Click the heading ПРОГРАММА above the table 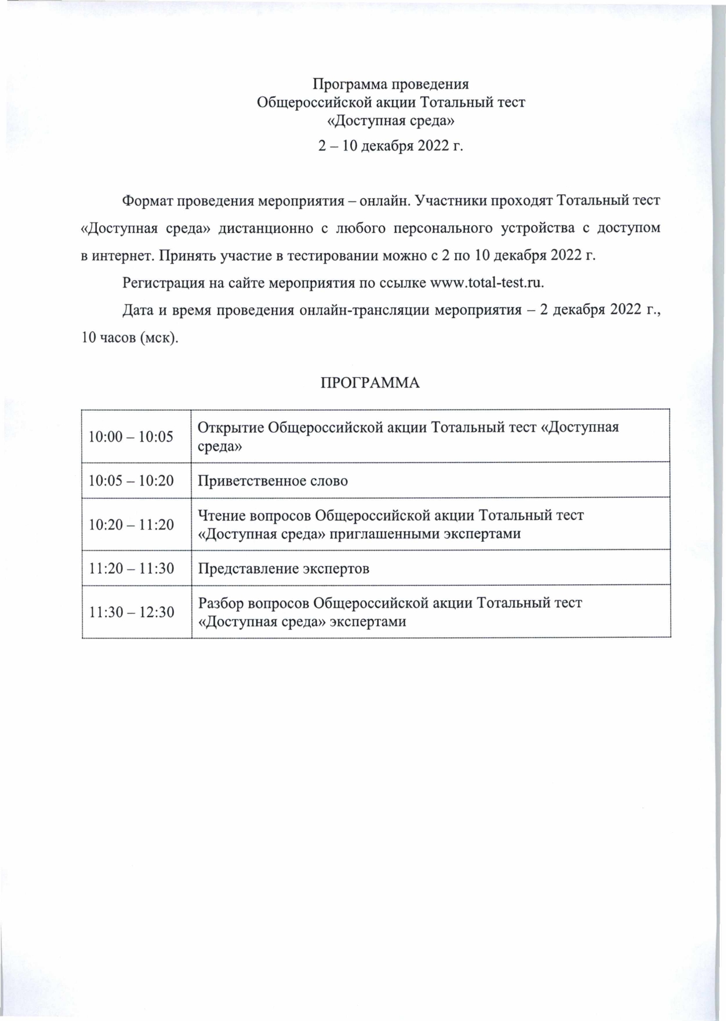click(x=370, y=383)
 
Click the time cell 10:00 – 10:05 click(x=130, y=436)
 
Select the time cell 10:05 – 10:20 click(x=130, y=480)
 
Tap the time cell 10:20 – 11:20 click(x=130, y=524)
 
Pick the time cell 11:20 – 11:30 click(x=130, y=568)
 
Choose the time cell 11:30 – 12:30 click(x=130, y=612)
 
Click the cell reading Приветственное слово click(x=273, y=481)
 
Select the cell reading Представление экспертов click(x=284, y=568)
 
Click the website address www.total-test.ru click(x=486, y=283)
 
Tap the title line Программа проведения click(x=391, y=85)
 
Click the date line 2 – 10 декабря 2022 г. click(x=391, y=145)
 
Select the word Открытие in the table click(x=231, y=428)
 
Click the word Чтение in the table click(x=222, y=515)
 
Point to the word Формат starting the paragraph click(x=147, y=201)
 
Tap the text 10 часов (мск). click(x=130, y=338)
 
